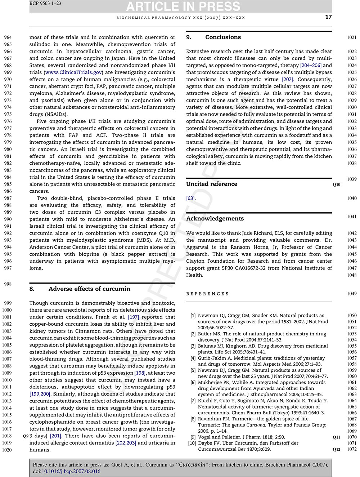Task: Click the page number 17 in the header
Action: pos(328,17)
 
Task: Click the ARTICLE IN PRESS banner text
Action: pos(183,6)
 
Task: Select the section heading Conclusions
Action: pos(223,37)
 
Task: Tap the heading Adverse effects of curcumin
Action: pos(89,289)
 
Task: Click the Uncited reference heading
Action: pos(212,184)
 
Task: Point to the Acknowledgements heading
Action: pos(215,218)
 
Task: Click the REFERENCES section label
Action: pos(208,294)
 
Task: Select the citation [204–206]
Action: pos(311,65)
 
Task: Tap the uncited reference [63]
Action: pos(190,198)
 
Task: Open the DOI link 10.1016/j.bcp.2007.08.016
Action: pos(71,471)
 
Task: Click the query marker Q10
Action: pos(336,184)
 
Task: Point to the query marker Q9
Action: pos(26,436)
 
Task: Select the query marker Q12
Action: pos(336,449)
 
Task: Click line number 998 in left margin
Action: pos(8,284)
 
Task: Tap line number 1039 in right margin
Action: pos(352,179)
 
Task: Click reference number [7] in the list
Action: pos(193,401)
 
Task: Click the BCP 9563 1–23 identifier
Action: pos(45,3)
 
